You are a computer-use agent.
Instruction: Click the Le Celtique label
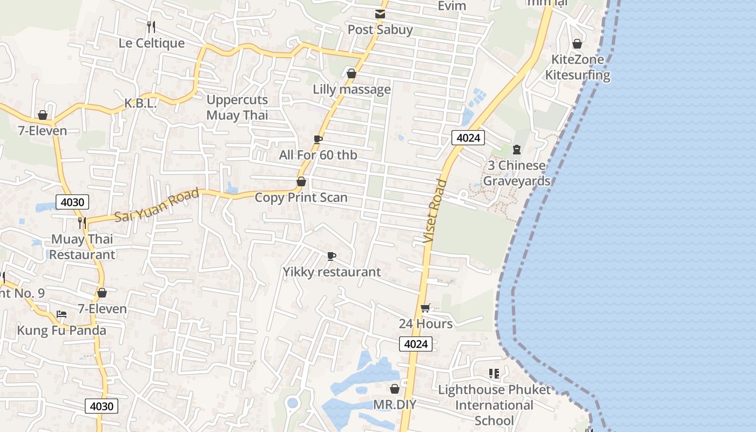pyautogui.click(x=151, y=43)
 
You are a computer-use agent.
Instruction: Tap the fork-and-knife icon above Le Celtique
pyautogui.click(x=151, y=26)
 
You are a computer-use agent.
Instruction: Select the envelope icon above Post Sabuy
pyautogui.click(x=380, y=13)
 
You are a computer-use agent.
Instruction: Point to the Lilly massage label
pyautogui.click(x=352, y=89)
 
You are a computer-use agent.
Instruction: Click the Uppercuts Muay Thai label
pyautogui.click(x=237, y=107)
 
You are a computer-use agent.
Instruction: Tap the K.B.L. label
pyautogui.click(x=140, y=103)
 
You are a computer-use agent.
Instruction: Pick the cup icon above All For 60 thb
pyautogui.click(x=318, y=139)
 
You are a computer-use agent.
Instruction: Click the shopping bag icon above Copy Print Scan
pyautogui.click(x=301, y=181)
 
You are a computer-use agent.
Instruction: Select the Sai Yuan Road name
pyautogui.click(x=157, y=205)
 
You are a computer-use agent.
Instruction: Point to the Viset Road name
pyautogui.click(x=435, y=211)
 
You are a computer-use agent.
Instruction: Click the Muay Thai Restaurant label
pyautogui.click(x=82, y=247)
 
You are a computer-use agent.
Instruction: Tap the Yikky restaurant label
pyautogui.click(x=332, y=272)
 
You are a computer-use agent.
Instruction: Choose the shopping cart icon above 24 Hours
pyautogui.click(x=425, y=308)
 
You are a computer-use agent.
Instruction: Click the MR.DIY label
pyautogui.click(x=395, y=404)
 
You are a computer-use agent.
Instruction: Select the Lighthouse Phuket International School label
pyautogui.click(x=494, y=405)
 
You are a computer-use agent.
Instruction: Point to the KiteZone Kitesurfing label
pyautogui.click(x=577, y=67)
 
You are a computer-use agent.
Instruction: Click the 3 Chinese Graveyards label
pyautogui.click(x=516, y=173)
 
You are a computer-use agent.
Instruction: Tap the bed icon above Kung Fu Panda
pyautogui.click(x=62, y=314)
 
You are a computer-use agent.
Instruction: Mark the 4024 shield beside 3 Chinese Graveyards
pyautogui.click(x=468, y=138)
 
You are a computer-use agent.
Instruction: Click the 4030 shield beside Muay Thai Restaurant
pyautogui.click(x=72, y=202)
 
